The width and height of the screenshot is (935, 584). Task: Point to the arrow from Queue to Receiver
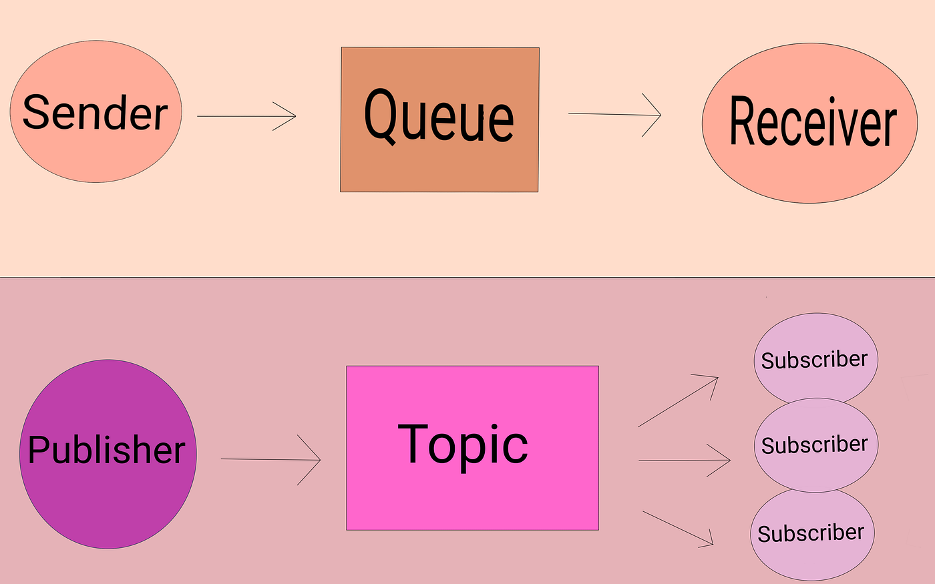[614, 114]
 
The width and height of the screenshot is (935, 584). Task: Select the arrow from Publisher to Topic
[270, 459]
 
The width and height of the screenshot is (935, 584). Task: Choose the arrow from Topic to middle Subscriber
[685, 460]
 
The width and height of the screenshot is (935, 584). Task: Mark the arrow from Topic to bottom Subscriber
[678, 529]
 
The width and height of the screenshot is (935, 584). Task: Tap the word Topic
[463, 445]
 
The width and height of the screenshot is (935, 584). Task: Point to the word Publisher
[107, 450]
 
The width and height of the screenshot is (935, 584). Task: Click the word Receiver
[812, 122]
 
